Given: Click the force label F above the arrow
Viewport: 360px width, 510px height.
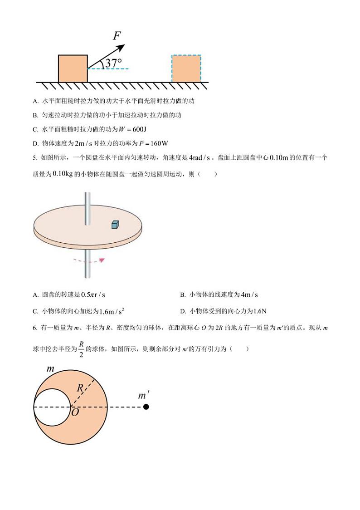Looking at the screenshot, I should point(117,35).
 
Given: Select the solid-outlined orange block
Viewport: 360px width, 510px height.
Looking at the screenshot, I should point(73,69).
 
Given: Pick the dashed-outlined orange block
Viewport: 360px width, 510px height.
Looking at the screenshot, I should point(186,69).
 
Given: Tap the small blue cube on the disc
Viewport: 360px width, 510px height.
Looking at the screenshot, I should point(116,224).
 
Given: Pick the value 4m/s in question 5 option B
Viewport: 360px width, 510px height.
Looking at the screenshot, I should point(249,295).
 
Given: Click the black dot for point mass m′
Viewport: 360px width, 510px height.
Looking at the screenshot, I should point(146,407).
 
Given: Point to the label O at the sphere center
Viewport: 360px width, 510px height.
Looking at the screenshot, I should point(75,412).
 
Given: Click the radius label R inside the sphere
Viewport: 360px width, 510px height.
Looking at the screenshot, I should point(79,388).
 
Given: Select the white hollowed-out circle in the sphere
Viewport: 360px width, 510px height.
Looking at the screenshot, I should point(52,407).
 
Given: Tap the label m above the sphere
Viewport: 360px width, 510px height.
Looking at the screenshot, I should point(50,369).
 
